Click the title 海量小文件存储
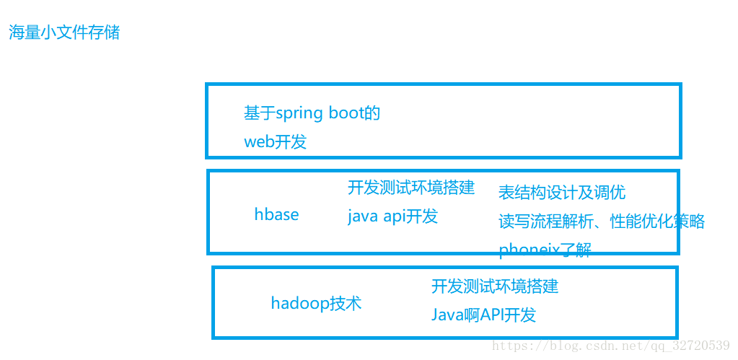[64, 32]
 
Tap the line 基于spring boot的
[312, 113]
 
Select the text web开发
[276, 141]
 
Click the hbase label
[276, 214]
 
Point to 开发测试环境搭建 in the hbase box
[411, 188]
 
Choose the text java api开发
[392, 216]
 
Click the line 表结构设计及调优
[562, 192]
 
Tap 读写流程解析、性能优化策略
[602, 221]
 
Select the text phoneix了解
[545, 250]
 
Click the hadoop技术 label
[316, 303]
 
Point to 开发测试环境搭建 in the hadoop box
[495, 286]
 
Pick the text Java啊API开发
[484, 315]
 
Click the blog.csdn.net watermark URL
[610, 346]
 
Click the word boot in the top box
[346, 113]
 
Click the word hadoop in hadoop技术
[300, 303]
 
